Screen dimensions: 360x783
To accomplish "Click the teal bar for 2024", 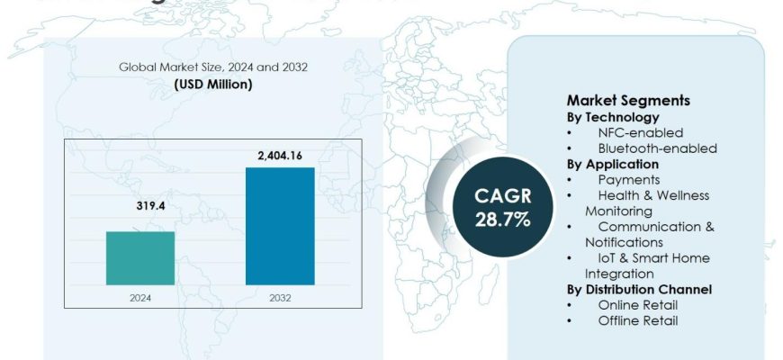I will point(140,258).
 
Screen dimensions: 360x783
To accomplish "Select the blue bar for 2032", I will point(279,226).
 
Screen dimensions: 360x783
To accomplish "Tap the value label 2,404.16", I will point(279,156).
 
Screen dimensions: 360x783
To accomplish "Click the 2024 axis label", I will point(140,296).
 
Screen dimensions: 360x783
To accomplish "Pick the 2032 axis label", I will point(279,296).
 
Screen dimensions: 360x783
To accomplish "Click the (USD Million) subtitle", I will point(212,85).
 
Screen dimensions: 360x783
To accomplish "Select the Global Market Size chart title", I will point(212,67).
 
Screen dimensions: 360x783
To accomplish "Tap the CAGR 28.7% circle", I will point(490,206).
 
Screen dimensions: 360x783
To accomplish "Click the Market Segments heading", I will point(627,101).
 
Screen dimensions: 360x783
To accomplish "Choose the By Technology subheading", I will point(613,117).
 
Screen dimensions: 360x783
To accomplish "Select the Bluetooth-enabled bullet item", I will point(657,148).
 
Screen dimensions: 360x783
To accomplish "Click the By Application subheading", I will point(613,164).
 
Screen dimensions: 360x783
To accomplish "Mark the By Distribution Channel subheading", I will point(639,289).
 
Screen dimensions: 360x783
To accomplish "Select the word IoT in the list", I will point(608,257).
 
